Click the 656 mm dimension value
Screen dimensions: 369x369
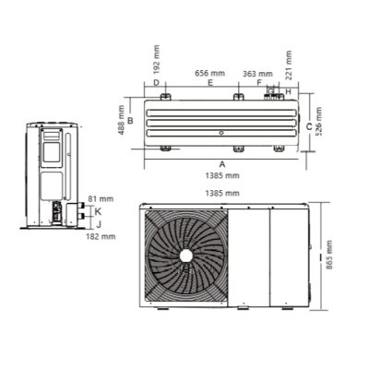[210, 73]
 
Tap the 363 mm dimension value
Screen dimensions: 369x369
[257, 74]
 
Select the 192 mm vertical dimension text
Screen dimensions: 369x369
[157, 59]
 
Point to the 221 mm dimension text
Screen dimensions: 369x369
[289, 65]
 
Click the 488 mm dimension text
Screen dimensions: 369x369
[122, 120]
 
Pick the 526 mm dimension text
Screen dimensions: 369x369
[319, 122]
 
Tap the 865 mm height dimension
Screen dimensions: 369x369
[329, 255]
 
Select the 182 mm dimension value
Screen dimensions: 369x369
[101, 236]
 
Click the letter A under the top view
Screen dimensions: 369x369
[222, 164]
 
